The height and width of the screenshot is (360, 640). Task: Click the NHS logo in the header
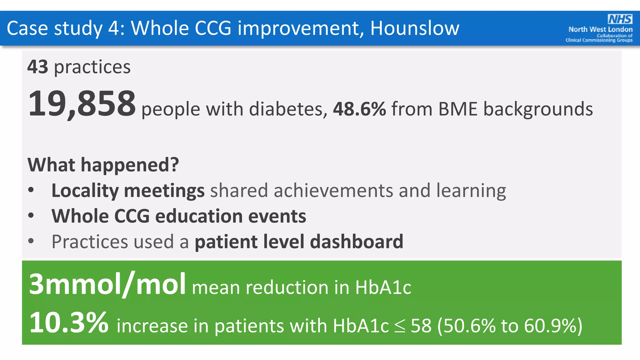point(620,19)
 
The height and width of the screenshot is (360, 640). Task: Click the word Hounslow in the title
point(415,28)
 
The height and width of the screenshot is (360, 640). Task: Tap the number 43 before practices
point(38,67)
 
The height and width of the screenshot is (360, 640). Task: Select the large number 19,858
point(82,104)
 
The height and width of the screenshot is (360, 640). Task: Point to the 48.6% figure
point(359,109)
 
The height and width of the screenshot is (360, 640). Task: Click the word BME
point(458,109)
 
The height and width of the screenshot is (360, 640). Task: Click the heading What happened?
point(103,165)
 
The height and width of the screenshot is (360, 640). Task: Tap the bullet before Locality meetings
point(31,190)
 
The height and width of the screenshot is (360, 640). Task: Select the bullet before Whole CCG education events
point(31,216)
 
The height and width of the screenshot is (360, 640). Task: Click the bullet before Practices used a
point(31,241)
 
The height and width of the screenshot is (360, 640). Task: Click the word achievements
point(333,191)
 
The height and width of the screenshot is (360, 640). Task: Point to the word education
point(199,216)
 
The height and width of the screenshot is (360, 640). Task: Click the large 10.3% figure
point(69,322)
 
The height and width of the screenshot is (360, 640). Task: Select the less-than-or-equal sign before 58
point(399,326)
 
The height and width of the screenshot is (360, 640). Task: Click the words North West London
point(600,30)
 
